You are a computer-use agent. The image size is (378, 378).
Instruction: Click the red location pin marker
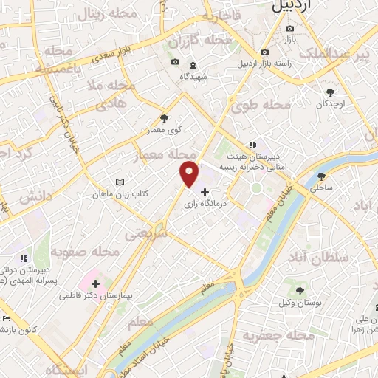pos(190,173)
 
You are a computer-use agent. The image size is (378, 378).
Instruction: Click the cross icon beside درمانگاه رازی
pos(205,191)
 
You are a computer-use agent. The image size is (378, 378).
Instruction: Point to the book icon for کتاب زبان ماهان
pos(121,182)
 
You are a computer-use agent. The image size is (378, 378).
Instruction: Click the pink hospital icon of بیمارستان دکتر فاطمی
pos(96,283)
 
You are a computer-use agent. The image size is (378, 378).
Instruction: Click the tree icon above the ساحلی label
pos(321,176)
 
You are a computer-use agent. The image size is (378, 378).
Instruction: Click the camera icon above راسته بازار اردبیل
pos(264,52)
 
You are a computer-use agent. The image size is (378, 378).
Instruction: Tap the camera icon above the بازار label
pos(289,29)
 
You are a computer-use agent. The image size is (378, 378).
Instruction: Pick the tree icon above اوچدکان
pos(330,92)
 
